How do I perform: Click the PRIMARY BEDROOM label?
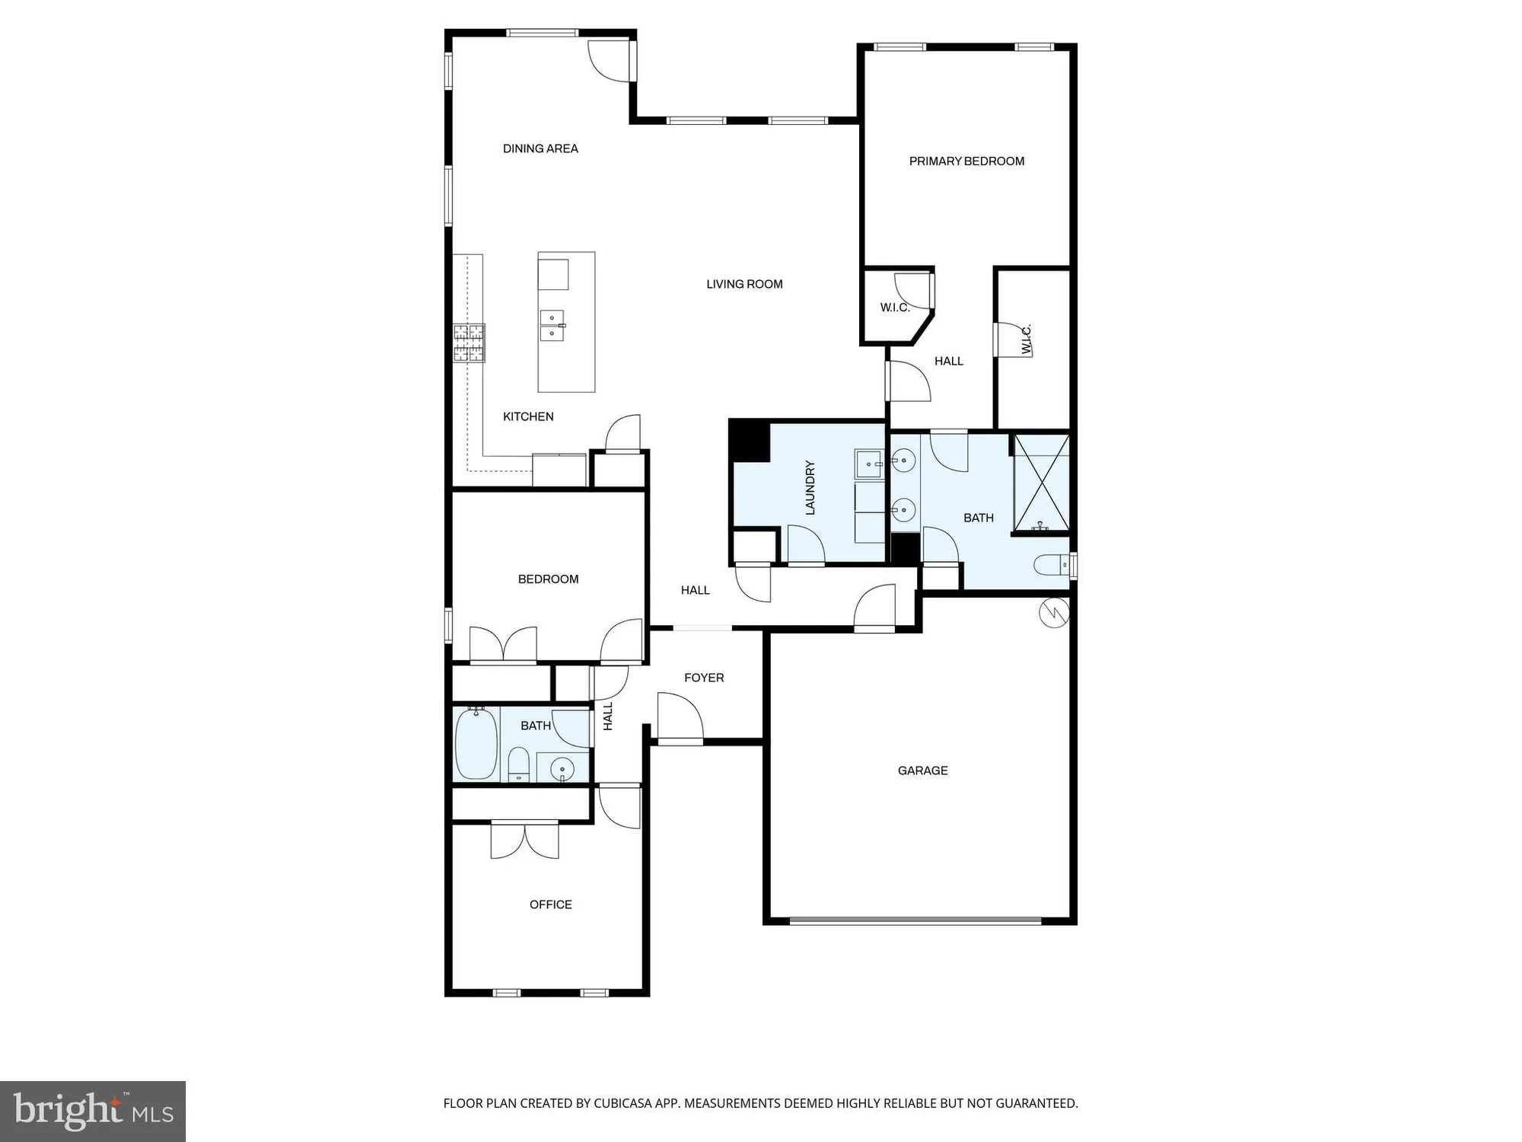pos(966,161)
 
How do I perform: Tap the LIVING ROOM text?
pos(744,285)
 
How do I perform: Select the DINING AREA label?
pos(540,149)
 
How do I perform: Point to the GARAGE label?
pos(922,771)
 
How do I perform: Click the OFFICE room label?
pos(550,904)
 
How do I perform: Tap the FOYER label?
pos(704,678)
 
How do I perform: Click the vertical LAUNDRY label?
pos(810,488)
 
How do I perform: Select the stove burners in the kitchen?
pos(469,343)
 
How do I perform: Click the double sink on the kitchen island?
pos(552,326)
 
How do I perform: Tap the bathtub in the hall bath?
pos(476,744)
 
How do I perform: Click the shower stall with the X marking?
pos(1042,483)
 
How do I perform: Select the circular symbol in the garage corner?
pos(1054,612)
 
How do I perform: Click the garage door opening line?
pos(915,920)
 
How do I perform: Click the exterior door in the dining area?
pos(611,61)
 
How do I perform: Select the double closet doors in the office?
pos(524,840)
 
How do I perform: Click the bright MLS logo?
pos(93,1111)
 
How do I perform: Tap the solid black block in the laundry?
pos(749,440)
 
